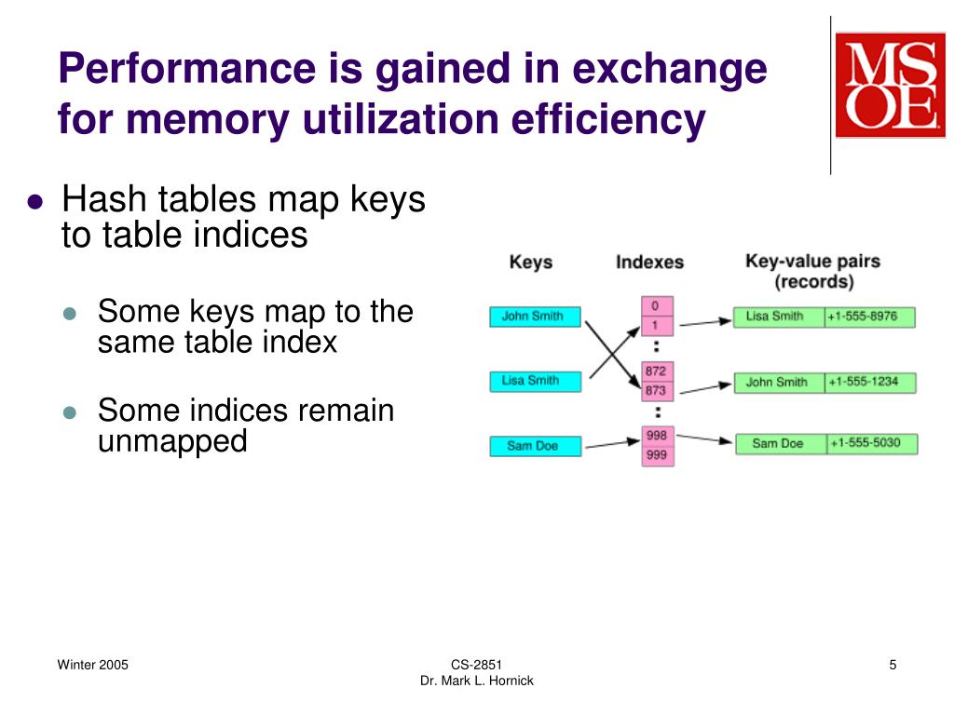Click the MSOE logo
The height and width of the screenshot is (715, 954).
pyautogui.click(x=890, y=85)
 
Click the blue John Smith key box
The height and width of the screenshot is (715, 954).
pyautogui.click(x=535, y=317)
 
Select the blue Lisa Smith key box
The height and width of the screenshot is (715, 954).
pyautogui.click(x=535, y=381)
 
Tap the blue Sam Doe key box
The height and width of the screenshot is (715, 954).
pyautogui.click(x=535, y=446)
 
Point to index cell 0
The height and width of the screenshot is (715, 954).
pyautogui.click(x=657, y=306)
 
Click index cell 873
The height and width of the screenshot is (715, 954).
pyautogui.click(x=657, y=391)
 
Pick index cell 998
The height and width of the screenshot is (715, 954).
pyautogui.click(x=657, y=436)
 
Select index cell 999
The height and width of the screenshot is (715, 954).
pyautogui.click(x=657, y=455)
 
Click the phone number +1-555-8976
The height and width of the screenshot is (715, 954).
pyautogui.click(x=869, y=317)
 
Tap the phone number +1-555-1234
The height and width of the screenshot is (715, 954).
pyautogui.click(x=869, y=382)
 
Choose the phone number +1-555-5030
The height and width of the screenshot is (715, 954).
pyautogui.click(x=870, y=443)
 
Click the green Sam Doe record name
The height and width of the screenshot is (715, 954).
pyautogui.click(x=779, y=443)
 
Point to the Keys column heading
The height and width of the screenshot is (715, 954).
pyautogui.click(x=531, y=263)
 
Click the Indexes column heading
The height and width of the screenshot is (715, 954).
pyautogui.click(x=649, y=263)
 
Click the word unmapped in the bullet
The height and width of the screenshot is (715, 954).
pyautogui.click(x=172, y=441)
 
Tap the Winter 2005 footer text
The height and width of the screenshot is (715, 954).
pyautogui.click(x=93, y=665)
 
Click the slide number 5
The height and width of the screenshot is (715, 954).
pyautogui.click(x=893, y=665)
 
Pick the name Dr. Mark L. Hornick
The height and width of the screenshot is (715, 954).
pyautogui.click(x=477, y=681)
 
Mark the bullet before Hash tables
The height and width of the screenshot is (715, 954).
pyautogui.click(x=35, y=202)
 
